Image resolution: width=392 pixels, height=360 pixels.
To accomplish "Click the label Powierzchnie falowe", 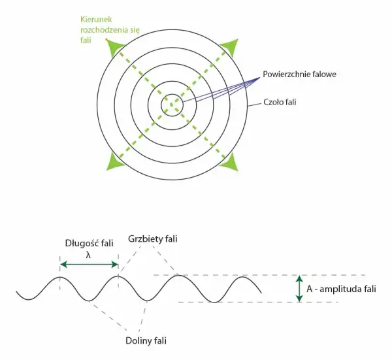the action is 299,74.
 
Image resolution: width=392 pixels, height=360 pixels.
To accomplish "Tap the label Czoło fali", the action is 280,102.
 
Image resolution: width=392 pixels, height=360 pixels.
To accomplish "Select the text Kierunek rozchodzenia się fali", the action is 110,30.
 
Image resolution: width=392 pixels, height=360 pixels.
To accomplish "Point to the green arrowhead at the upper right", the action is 231,47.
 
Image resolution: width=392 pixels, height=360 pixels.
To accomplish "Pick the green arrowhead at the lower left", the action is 114,163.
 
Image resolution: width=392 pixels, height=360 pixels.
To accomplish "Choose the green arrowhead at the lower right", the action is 231,163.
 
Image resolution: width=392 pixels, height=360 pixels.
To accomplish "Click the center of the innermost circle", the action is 172,105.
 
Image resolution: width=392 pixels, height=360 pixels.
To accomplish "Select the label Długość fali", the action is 89,243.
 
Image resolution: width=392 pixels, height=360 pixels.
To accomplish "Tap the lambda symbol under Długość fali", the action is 88,255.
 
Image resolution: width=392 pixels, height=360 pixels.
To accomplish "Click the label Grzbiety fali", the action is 153,238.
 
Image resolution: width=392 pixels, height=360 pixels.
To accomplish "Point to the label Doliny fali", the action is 146,341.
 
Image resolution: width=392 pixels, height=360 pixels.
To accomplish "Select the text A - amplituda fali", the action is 341,289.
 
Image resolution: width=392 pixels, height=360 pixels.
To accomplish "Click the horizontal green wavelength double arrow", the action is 90,265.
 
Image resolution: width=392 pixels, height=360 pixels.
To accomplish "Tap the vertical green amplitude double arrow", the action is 299,289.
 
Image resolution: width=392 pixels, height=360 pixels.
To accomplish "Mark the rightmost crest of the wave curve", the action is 242,277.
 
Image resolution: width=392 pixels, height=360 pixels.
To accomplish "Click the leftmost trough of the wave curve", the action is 29,299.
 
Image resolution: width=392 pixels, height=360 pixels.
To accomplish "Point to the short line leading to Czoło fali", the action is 254,105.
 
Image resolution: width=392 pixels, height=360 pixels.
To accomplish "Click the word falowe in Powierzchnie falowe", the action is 323,74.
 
